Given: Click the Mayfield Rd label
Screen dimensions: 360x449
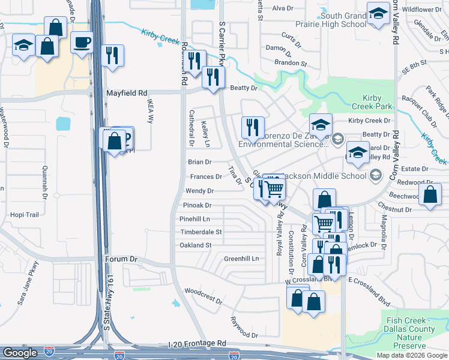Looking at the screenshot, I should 127,94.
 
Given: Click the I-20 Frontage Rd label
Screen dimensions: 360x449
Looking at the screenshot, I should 196,343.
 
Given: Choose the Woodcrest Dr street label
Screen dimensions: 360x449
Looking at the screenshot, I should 204,294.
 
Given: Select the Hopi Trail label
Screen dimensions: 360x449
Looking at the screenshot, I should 25,215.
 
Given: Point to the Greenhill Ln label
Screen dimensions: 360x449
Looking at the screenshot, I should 241,259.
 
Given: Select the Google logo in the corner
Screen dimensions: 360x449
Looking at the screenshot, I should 20,353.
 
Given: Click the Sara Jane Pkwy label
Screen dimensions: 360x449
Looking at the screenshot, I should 28,283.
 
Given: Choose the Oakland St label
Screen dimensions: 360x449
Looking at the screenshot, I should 196,245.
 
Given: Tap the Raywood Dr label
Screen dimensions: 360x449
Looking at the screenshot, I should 243,326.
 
